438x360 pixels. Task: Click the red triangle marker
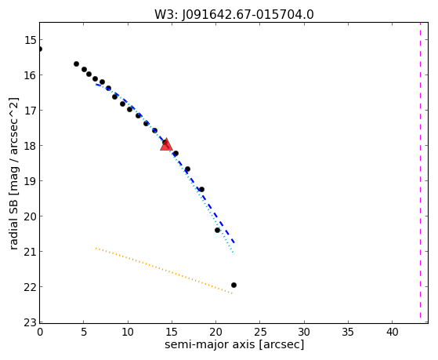(x=166, y=144)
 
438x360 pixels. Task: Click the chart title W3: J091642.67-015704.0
(x=234, y=14)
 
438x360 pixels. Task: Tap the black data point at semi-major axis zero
(x=40, y=49)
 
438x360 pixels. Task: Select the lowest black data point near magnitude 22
(x=233, y=285)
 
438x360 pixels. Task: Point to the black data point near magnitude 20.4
(x=217, y=231)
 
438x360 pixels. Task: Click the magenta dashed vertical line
(x=420, y=170)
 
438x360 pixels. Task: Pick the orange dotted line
(x=164, y=271)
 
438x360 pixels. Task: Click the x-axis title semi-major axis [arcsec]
(x=234, y=344)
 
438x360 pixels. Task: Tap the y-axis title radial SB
(x=13, y=174)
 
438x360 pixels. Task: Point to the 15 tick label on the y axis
(x=31, y=40)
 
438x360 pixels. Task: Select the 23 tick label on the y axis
(x=31, y=322)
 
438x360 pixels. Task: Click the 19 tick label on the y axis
(x=31, y=181)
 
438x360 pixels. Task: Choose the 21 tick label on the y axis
(x=31, y=252)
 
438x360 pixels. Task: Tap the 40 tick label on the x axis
(x=393, y=332)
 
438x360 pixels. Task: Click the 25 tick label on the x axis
(x=260, y=332)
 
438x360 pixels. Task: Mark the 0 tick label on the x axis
(x=40, y=332)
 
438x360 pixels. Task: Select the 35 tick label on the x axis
(x=348, y=332)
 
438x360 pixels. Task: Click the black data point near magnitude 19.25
(x=201, y=189)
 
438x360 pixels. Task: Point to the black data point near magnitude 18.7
(x=188, y=169)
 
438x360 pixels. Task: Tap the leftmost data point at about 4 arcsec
(x=76, y=64)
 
